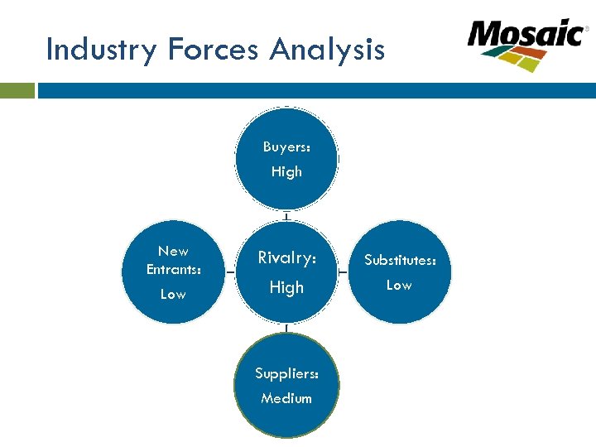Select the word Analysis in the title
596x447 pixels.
[327, 51]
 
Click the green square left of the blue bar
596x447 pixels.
[17, 90]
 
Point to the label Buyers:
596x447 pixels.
[286, 147]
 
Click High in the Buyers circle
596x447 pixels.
[286, 172]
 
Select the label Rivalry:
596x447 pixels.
[286, 258]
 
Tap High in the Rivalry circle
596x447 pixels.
[286, 288]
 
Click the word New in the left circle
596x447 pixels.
[173, 251]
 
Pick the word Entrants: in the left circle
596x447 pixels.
[173, 269]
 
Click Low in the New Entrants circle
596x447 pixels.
[173, 295]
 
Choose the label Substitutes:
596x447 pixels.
[400, 260]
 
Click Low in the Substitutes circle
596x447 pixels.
[399, 285]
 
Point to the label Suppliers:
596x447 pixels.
[286, 373]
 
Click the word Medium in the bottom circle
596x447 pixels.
[286, 398]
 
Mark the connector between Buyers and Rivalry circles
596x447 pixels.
[286, 217]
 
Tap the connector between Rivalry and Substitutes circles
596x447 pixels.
[344, 272]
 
